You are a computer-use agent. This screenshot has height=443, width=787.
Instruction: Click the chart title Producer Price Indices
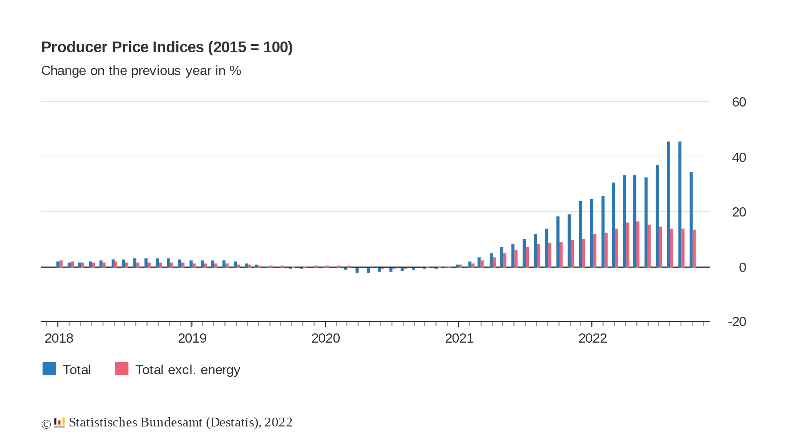coord(167,47)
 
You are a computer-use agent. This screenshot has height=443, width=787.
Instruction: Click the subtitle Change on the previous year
coord(141,71)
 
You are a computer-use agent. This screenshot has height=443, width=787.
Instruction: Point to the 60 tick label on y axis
coord(739,102)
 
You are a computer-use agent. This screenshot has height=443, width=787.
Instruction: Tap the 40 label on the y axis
coord(739,158)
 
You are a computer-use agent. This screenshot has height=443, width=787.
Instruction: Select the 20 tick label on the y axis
coord(739,212)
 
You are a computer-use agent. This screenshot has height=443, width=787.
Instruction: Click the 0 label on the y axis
coord(742,268)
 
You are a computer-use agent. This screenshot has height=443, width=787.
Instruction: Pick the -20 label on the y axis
coord(737,322)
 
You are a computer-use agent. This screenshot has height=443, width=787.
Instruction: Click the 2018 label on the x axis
coord(59,338)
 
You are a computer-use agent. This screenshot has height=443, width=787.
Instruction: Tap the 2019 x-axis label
coord(192,338)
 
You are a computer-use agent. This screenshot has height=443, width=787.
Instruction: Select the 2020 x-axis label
coord(325,338)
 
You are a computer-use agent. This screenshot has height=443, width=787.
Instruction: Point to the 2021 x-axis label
coord(459,338)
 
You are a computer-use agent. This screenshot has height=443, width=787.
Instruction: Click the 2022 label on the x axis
coord(593,338)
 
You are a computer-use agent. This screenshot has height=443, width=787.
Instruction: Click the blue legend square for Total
coord(49,369)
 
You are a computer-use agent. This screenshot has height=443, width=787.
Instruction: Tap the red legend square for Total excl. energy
coord(122,369)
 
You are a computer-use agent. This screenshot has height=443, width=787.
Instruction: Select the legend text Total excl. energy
coord(188,370)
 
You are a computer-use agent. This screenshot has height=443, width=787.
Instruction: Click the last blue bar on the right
coord(691,219)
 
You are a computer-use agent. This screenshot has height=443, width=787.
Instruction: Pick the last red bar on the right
coord(694,248)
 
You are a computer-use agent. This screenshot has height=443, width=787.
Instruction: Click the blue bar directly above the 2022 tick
coord(592,233)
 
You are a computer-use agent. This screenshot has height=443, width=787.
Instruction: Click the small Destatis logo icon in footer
coord(59,423)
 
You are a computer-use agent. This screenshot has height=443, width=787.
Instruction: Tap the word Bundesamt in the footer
coord(171,423)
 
